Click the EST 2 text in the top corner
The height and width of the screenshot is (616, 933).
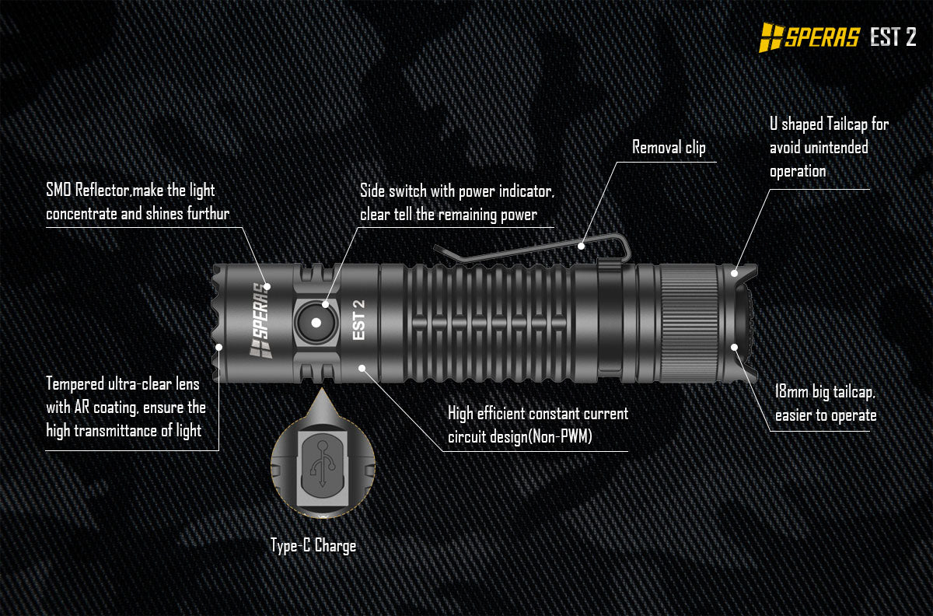(x=893, y=37)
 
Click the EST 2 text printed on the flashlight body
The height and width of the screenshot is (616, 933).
(x=358, y=320)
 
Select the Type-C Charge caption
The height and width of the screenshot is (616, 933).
(x=313, y=545)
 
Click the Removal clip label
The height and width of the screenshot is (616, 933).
(x=668, y=147)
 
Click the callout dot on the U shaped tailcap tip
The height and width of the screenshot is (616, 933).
(x=735, y=273)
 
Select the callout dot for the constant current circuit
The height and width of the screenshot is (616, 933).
(x=362, y=366)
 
